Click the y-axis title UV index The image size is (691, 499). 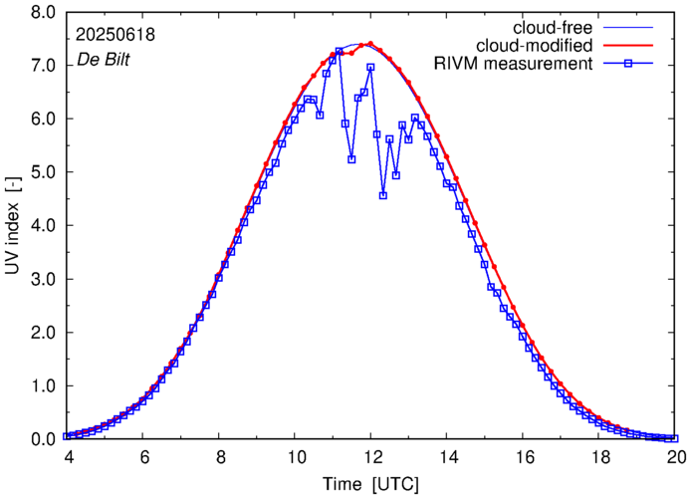[14, 225]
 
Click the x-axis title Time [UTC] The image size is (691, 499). [370, 484]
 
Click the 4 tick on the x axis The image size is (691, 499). [67, 456]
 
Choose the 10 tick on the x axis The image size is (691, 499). [295, 456]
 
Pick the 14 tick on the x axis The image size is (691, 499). [448, 456]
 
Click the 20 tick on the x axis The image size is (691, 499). [676, 456]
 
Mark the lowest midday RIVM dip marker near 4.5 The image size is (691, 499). [383, 195]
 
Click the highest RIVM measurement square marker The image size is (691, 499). [340, 51]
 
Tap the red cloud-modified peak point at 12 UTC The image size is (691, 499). [370, 44]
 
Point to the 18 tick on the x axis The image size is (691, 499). [600, 456]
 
